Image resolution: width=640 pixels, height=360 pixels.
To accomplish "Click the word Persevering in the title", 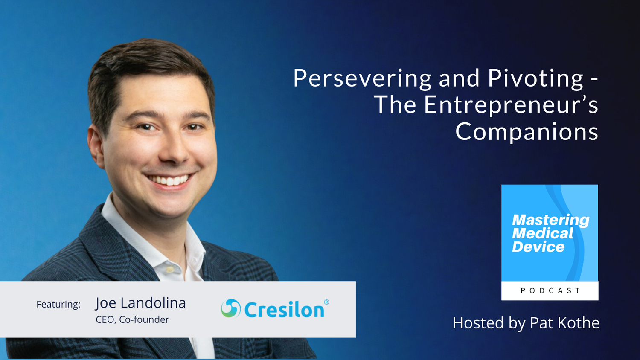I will pos(362,79).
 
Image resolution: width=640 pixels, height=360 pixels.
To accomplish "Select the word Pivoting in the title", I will pos(535,79).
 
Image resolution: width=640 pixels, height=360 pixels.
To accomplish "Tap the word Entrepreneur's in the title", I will pos(511,105).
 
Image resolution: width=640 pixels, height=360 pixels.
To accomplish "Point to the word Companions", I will pos(527,132).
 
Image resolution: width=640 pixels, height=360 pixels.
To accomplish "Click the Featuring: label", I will pos(58,304).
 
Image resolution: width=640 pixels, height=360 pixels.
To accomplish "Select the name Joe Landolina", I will pos(140,303).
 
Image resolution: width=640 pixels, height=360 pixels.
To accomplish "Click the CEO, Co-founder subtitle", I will pos(132,319).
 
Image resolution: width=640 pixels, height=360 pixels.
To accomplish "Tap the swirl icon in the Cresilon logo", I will pos(231,308).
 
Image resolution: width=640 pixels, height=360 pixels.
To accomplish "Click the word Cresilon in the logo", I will pos(284,310).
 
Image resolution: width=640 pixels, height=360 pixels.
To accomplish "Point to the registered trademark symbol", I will pos(326,302).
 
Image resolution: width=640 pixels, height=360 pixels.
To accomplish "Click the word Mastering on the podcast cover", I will pos(550,220).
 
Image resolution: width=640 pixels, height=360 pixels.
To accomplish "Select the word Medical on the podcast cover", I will pos(542,233).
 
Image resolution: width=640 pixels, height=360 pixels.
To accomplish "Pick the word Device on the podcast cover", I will pos(538,247).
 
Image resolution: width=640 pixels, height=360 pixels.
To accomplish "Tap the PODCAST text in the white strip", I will pos(550,290).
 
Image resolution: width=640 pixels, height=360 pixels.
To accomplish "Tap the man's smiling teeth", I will pos(170,180).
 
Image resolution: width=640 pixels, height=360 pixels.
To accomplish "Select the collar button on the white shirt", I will pos(169,270).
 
